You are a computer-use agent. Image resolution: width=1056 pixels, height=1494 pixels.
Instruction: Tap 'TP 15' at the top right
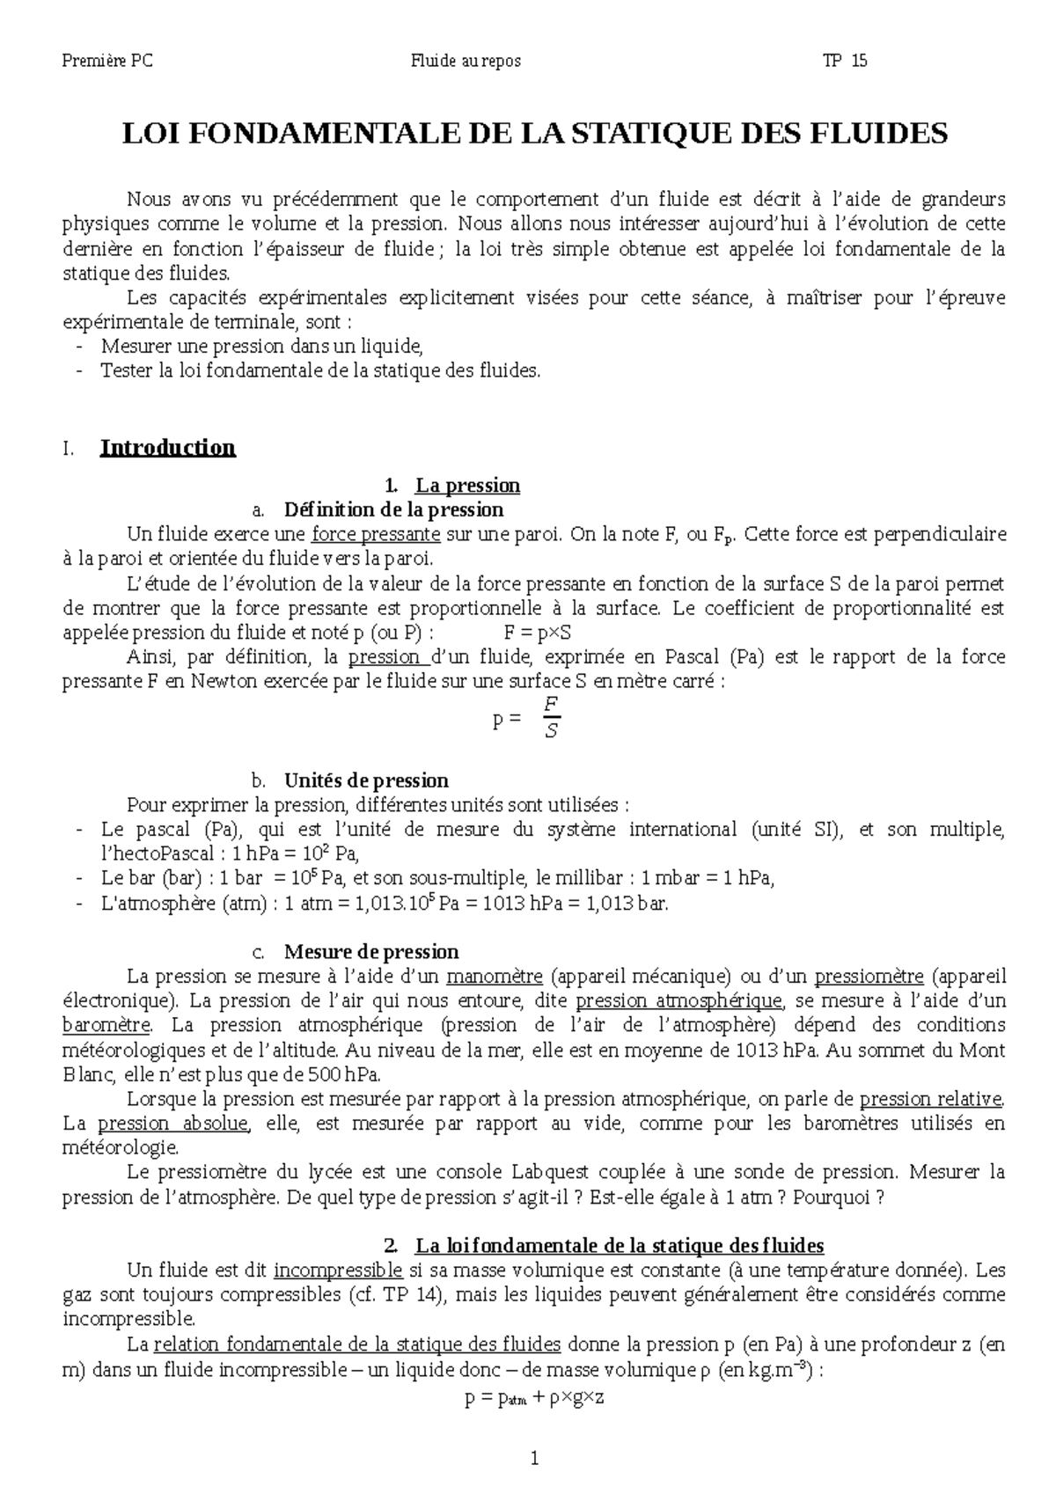[x=845, y=61]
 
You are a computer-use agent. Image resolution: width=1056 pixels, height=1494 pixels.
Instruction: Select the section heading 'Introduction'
[x=167, y=448]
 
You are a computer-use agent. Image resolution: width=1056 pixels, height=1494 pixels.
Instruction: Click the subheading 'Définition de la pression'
[x=393, y=510]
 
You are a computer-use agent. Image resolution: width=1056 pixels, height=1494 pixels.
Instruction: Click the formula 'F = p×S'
[x=538, y=633]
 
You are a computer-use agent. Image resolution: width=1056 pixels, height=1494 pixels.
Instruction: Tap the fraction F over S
[x=552, y=716]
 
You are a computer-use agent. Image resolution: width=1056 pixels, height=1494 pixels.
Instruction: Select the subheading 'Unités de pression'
[x=366, y=780]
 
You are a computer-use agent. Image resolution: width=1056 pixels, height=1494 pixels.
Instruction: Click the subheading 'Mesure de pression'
[x=371, y=952]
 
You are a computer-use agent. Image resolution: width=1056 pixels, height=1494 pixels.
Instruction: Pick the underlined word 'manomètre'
[x=495, y=977]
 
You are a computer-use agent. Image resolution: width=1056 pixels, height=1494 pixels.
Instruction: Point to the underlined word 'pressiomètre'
[x=869, y=977]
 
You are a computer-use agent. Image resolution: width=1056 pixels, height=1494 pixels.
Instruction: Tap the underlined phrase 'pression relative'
[x=930, y=1099]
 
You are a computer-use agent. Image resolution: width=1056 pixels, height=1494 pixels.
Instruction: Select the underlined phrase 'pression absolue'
[x=173, y=1124]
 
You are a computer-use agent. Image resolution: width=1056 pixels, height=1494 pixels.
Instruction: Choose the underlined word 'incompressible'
[x=338, y=1271]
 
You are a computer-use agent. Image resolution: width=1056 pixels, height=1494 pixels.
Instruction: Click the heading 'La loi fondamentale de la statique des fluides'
[x=620, y=1246]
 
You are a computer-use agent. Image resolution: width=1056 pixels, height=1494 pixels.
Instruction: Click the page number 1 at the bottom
[x=534, y=1459]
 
